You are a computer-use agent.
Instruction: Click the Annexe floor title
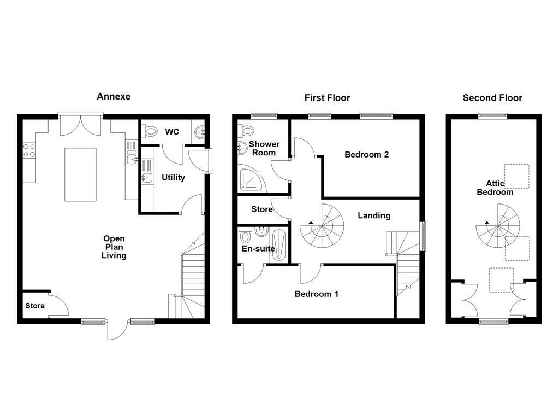pyautogui.click(x=114, y=96)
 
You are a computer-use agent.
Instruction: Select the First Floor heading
pyautogui.click(x=327, y=98)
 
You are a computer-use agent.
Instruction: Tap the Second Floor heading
pyautogui.click(x=492, y=98)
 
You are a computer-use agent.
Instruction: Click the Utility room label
pyautogui.click(x=173, y=178)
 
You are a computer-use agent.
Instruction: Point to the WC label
pyautogui.click(x=172, y=132)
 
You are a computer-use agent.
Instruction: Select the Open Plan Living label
pyautogui.click(x=114, y=247)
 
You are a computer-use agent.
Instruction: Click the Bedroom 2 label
pyautogui.click(x=366, y=154)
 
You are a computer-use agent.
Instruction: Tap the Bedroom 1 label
pyautogui.click(x=317, y=294)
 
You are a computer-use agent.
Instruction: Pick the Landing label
pyautogui.click(x=374, y=215)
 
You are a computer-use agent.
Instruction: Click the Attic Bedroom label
pyautogui.click(x=495, y=188)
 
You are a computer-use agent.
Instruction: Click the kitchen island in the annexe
pyautogui.click(x=81, y=174)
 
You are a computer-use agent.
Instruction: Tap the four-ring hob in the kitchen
pyautogui.click(x=29, y=150)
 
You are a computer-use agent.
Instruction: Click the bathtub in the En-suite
pyautogui.click(x=279, y=244)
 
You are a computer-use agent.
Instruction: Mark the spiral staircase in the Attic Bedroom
pyautogui.click(x=498, y=225)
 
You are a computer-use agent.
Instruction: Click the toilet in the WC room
pyautogui.click(x=148, y=132)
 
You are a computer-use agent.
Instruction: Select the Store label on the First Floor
pyautogui.click(x=261, y=209)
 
